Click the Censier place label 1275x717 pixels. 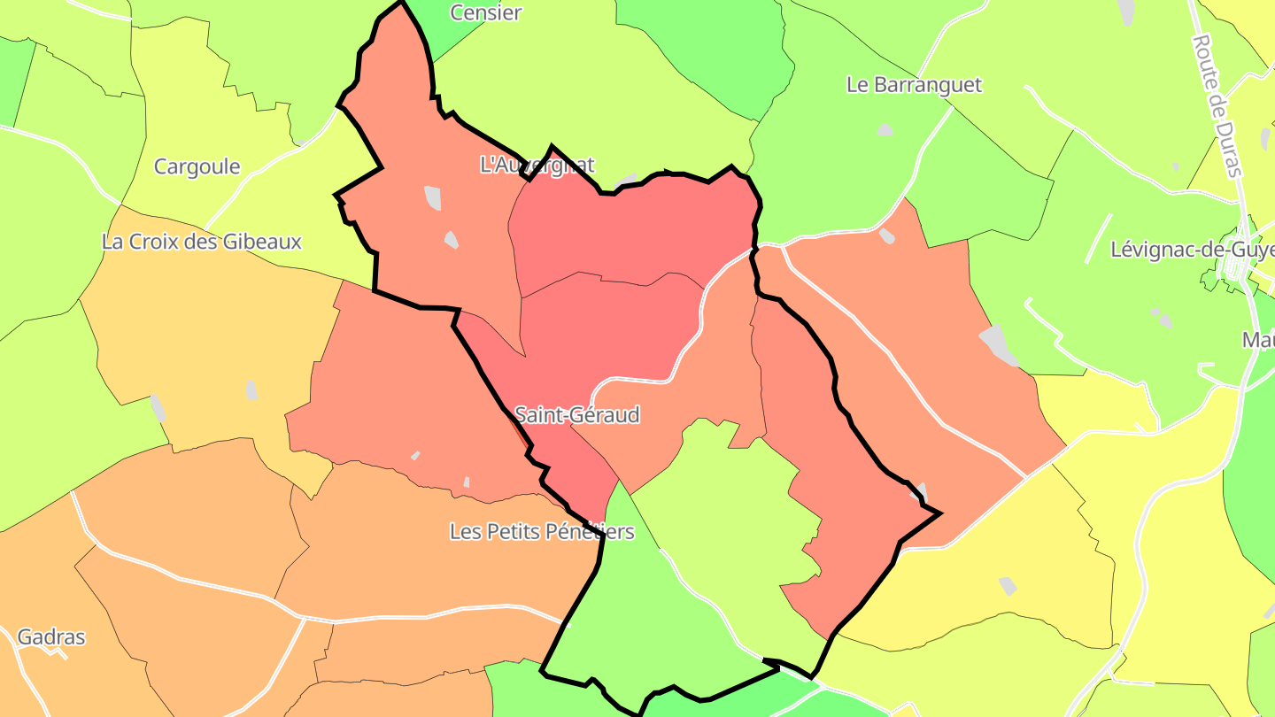pos(485,13)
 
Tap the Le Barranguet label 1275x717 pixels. pos(914,85)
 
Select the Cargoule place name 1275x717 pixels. pos(197,166)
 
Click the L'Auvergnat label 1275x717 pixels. pos(537,165)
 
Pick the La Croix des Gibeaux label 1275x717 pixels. pos(202,242)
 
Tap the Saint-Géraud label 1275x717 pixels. pos(576,414)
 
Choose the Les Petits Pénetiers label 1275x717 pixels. pos(542,532)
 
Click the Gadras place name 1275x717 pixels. pos(51,636)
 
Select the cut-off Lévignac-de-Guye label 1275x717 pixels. pos(1192,250)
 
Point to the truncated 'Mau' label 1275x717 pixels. pos(1257,340)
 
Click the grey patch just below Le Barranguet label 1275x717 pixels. pos(885,130)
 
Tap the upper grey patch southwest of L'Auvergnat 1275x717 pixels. pos(432,197)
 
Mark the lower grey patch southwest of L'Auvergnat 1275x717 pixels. pos(451,239)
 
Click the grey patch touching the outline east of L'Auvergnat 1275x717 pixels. pos(627,181)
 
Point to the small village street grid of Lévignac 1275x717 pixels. pos(1231,274)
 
